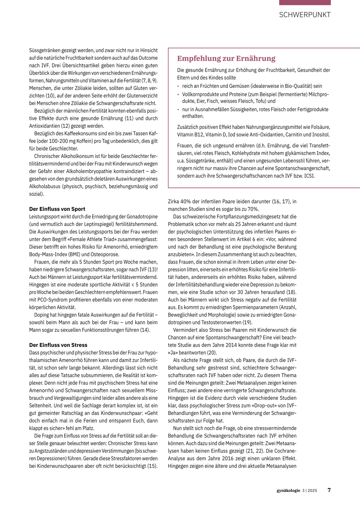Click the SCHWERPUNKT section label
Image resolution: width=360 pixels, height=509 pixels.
[305, 15]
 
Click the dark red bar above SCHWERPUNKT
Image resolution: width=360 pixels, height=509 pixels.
[305, 2]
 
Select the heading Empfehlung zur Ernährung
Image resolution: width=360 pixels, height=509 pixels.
[226, 58]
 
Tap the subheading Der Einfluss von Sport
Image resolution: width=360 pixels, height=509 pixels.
[57, 209]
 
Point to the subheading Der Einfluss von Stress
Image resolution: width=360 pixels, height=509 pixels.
[58, 345]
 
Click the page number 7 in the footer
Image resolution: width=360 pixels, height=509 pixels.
[329, 490]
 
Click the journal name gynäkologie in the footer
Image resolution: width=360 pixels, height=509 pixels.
[288, 490]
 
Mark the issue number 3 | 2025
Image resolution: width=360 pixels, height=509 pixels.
[309, 490]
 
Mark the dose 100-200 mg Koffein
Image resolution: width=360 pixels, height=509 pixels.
[68, 141]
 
